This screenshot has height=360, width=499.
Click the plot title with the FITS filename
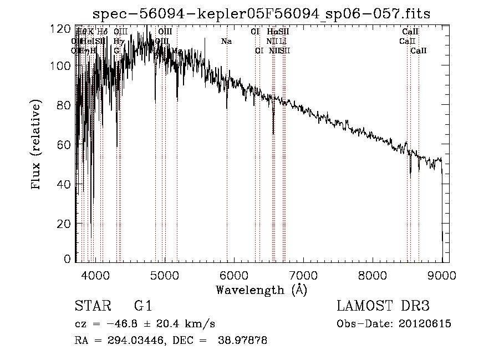(261, 13)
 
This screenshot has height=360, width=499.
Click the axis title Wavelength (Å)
(261, 290)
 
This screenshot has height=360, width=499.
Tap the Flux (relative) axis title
(37, 145)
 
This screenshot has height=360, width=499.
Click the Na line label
(226, 42)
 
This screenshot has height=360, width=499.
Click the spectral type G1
(142, 306)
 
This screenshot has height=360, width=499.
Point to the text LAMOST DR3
(383, 306)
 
